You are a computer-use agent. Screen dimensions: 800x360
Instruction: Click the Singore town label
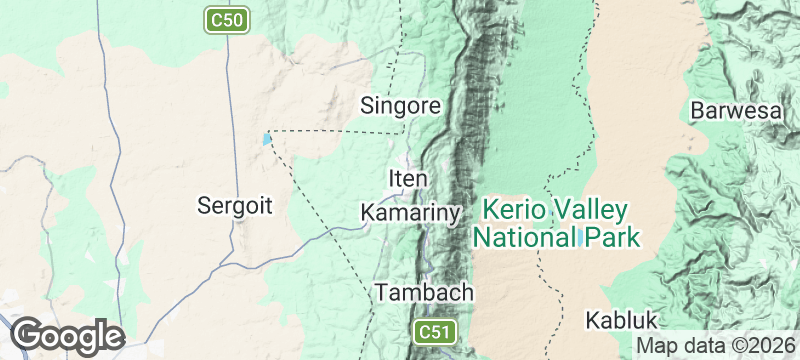[x=400, y=105]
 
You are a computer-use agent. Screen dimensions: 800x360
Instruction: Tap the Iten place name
[x=408, y=179]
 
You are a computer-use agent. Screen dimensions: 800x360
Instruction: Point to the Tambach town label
[x=423, y=293]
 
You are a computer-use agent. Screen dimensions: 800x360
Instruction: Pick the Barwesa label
[x=735, y=110]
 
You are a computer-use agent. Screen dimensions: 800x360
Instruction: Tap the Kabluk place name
[x=622, y=320]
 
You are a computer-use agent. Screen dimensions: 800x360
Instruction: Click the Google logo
[x=67, y=336]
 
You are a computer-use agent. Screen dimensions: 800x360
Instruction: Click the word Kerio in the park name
[x=509, y=211]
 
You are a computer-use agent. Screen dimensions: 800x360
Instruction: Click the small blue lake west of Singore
[x=266, y=139]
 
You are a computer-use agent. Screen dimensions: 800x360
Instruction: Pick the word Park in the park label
[x=613, y=237]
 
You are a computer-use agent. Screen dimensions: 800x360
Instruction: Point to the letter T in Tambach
[x=381, y=293]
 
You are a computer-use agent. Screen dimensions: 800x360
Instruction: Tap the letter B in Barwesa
[x=698, y=110]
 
